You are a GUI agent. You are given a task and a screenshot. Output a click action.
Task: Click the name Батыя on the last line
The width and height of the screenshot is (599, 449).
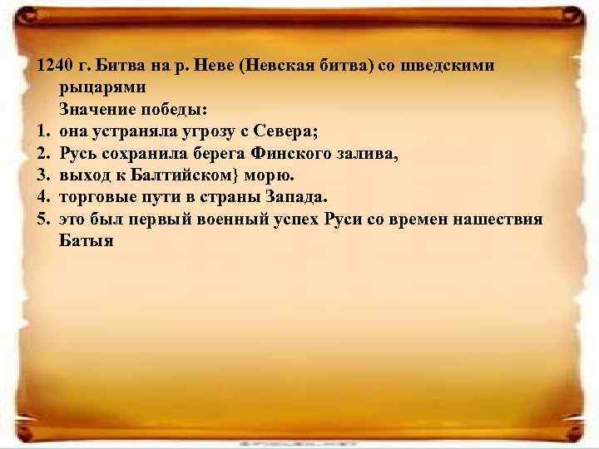tap(86, 241)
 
